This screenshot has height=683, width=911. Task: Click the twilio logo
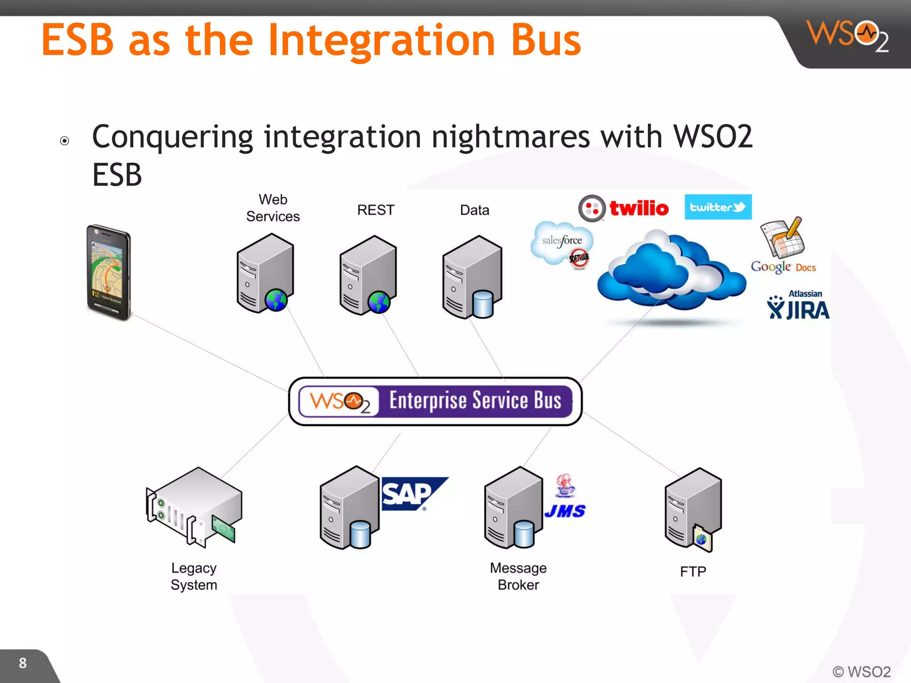tap(624, 208)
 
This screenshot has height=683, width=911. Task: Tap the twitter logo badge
tap(718, 207)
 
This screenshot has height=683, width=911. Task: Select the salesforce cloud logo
tap(561, 242)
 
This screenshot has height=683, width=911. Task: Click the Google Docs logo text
tap(783, 267)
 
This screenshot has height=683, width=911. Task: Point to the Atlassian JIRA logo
tap(798, 305)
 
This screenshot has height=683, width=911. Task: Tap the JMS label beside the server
tap(565, 511)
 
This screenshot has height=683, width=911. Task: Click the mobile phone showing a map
tap(109, 272)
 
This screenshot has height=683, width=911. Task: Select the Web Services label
tap(273, 208)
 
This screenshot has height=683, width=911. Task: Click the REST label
tap(375, 210)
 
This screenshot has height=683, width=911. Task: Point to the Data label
tap(474, 210)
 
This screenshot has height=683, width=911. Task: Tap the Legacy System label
tap(194, 576)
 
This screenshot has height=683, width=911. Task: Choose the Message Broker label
tap(518, 576)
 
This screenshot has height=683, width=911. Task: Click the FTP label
tap(693, 571)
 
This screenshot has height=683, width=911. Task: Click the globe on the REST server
tap(379, 302)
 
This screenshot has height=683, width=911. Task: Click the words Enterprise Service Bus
tap(475, 400)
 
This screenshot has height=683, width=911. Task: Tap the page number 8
tap(23, 663)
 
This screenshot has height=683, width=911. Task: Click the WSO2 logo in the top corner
tap(847, 36)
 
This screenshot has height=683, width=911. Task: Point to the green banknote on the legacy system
tap(224, 528)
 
